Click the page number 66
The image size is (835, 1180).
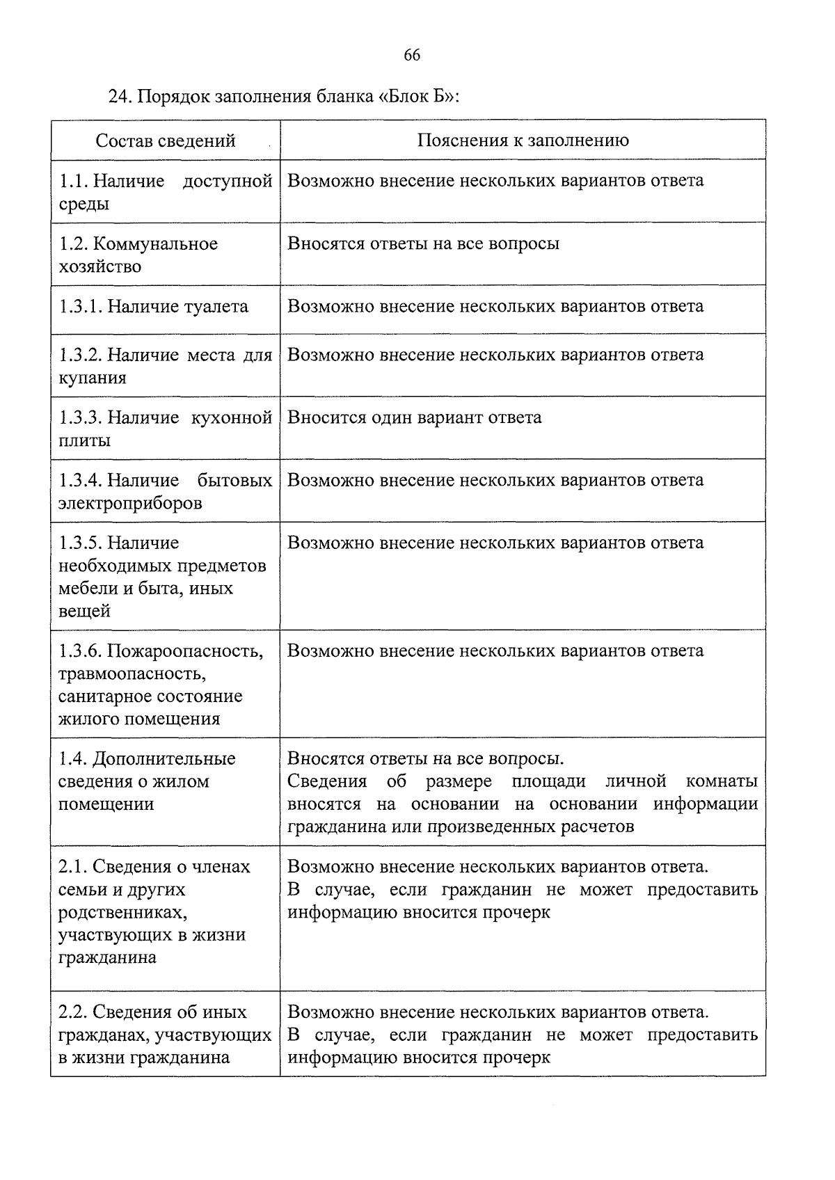pos(411,56)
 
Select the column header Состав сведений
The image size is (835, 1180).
pos(166,141)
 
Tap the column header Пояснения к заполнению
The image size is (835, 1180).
pos(523,141)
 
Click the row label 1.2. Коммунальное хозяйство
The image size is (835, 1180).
pos(138,255)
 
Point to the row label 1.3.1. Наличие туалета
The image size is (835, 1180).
pos(153,307)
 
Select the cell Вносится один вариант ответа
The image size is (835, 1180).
pos(414,417)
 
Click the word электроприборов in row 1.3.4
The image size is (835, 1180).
pos(130,503)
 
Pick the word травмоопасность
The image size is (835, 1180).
pos(132,673)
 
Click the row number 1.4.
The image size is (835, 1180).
pos(73,759)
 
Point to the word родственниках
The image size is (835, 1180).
pos(122,912)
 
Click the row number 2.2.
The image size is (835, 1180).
pos(73,1012)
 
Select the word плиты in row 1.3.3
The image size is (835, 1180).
pos(84,441)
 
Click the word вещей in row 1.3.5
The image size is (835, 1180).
pos(84,612)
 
